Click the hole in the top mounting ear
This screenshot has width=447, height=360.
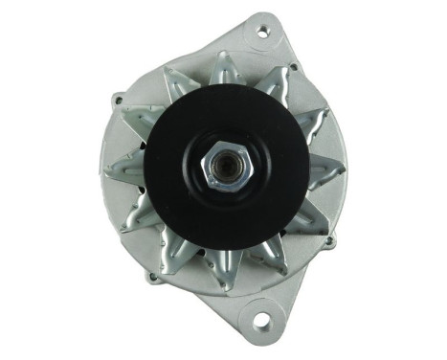coord(262,33)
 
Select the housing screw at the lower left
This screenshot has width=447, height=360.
coord(151,277)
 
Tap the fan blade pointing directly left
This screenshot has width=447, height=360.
coord(122,173)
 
